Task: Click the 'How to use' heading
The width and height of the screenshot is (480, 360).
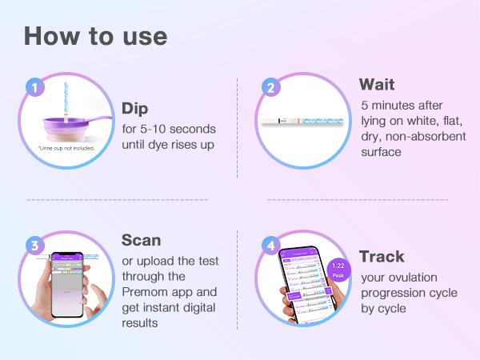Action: pos(95,36)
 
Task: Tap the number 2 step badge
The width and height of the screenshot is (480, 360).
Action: pos(270,88)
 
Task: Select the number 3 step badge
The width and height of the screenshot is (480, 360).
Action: pos(33,246)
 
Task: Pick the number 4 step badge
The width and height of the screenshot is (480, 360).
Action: pos(270,246)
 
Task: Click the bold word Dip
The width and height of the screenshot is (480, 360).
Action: pos(136,108)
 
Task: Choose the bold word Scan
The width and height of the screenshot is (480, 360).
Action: pos(142,240)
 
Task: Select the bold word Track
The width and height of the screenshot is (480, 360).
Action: pos(382,257)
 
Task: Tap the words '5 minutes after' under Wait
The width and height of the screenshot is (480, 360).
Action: pos(401,105)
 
